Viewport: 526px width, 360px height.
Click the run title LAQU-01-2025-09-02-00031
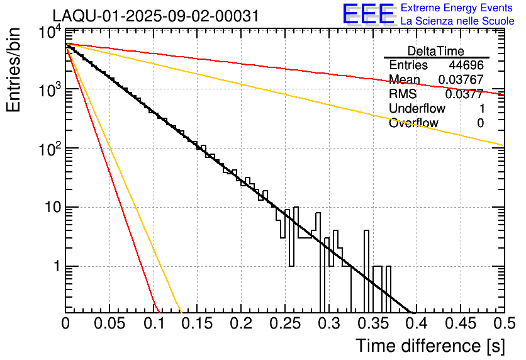[x=155, y=16]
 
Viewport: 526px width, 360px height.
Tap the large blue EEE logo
[x=368, y=14]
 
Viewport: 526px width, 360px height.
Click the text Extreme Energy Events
[x=457, y=8]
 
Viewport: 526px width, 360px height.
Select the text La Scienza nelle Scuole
[x=457, y=21]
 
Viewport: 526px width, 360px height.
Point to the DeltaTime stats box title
[x=436, y=51]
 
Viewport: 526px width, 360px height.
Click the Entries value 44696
[x=466, y=65]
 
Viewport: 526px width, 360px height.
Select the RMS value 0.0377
[x=464, y=94]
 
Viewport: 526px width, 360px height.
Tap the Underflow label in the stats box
[x=417, y=109]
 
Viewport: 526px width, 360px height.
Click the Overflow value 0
[x=480, y=123]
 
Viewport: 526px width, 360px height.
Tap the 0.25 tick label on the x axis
[x=284, y=324]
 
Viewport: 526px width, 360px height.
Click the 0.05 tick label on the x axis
[x=109, y=324]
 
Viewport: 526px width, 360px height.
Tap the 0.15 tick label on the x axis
[x=197, y=324]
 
